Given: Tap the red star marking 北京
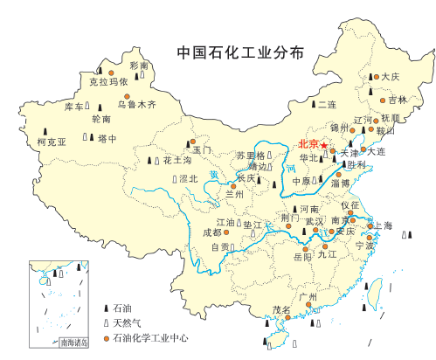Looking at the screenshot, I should tap(322, 144).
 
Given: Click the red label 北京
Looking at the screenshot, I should tap(307, 144).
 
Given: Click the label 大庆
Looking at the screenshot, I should tap(391, 77).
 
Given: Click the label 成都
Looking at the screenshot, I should tap(211, 232).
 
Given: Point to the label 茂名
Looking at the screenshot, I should tap(281, 310).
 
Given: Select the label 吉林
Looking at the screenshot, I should tap(398, 99).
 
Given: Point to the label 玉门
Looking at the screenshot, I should tap(203, 150).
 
